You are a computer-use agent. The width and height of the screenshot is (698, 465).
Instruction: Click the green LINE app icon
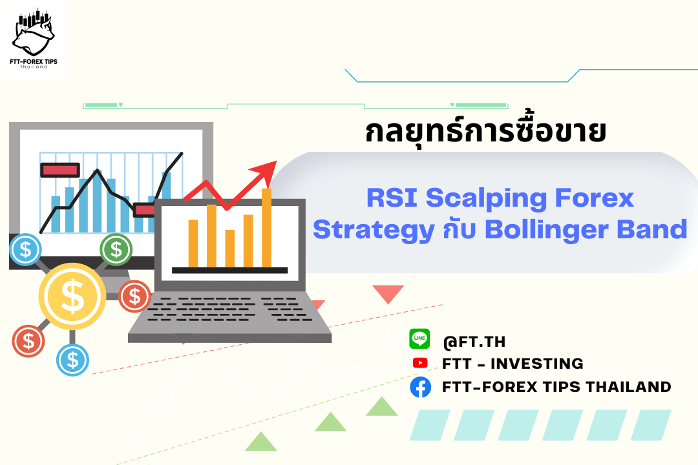click(419, 338)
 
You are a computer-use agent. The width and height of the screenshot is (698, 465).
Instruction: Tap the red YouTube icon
click(420, 363)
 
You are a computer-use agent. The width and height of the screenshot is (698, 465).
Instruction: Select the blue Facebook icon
click(420, 387)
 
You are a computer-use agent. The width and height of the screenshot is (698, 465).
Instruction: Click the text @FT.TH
click(474, 342)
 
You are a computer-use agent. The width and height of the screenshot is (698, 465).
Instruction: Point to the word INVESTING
click(536, 364)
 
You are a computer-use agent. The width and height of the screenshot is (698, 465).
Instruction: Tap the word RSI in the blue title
click(392, 198)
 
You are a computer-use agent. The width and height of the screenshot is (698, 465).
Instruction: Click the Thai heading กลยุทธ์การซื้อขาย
click(485, 130)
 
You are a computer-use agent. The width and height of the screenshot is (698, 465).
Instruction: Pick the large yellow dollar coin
click(72, 296)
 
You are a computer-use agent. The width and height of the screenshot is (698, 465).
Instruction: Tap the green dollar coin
click(116, 249)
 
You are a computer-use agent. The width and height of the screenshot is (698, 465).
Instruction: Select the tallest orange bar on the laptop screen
click(267, 228)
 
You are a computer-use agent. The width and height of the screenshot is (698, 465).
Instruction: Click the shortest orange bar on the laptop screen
click(229, 248)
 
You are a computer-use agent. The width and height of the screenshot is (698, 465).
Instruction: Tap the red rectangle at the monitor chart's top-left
click(60, 170)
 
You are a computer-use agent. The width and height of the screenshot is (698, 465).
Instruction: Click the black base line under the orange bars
click(229, 270)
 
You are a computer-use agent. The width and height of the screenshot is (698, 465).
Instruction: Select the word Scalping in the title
click(486, 199)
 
